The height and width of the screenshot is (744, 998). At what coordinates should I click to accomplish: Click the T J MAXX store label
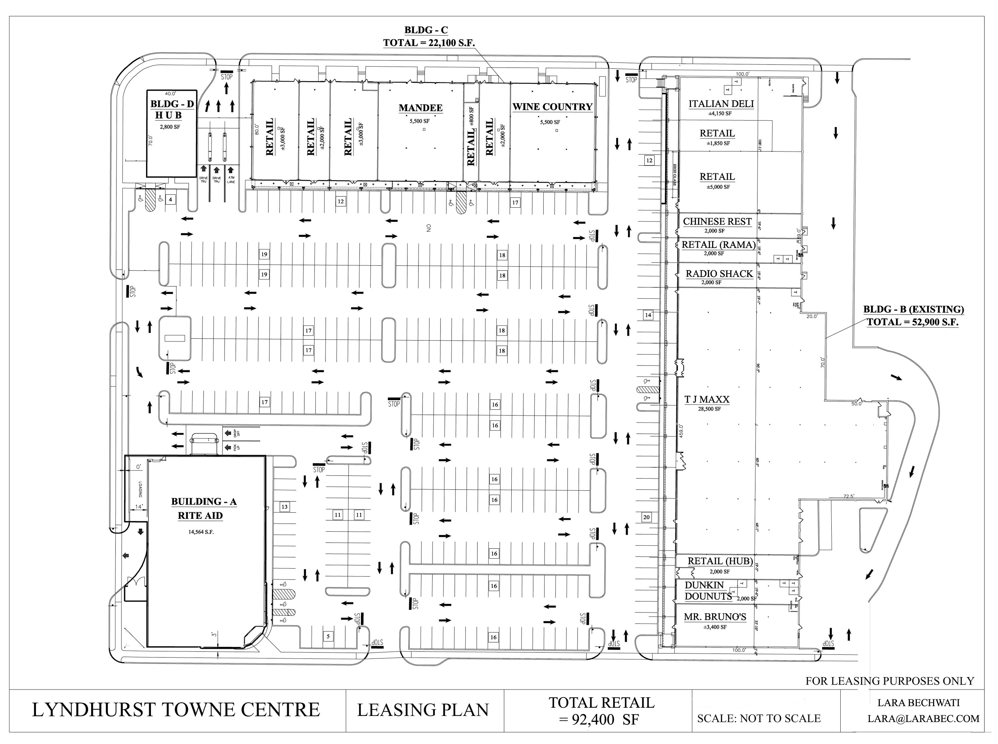(707, 399)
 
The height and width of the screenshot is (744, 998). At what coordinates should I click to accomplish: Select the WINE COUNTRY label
(552, 107)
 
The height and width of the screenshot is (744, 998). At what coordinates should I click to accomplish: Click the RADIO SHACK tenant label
(719, 274)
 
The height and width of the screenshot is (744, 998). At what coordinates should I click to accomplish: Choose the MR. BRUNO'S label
(715, 617)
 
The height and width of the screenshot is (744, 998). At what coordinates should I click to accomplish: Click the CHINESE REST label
(717, 222)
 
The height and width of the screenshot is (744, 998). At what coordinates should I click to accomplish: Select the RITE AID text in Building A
(200, 516)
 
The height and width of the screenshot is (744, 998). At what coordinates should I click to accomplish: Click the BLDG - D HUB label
(172, 110)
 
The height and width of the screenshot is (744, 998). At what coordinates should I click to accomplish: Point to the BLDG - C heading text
(426, 31)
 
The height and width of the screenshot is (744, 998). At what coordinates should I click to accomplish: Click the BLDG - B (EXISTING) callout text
(914, 309)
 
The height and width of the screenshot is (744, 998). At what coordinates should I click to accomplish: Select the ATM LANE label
(231, 180)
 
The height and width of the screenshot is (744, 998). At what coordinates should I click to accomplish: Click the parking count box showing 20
(646, 517)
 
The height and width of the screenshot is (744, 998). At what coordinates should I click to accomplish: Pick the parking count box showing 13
(284, 507)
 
